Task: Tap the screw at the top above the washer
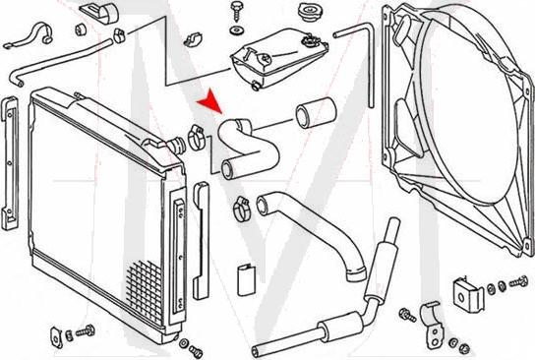(x=236, y=10)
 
